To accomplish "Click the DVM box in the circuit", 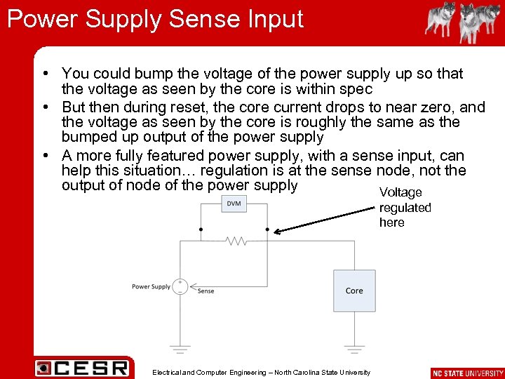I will point(234,204).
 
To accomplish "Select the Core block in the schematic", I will point(354,291).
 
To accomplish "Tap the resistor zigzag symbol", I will point(236,241).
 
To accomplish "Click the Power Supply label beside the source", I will point(151,286).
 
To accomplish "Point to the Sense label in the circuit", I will point(206,291).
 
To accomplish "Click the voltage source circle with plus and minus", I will point(180,286).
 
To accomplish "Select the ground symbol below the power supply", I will point(180,347).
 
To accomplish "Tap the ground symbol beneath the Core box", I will point(355,347).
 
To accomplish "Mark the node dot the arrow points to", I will point(268,229).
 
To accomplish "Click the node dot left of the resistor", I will point(201,229).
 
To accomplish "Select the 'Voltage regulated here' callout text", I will point(405,207).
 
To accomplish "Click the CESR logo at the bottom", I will point(83,368).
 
